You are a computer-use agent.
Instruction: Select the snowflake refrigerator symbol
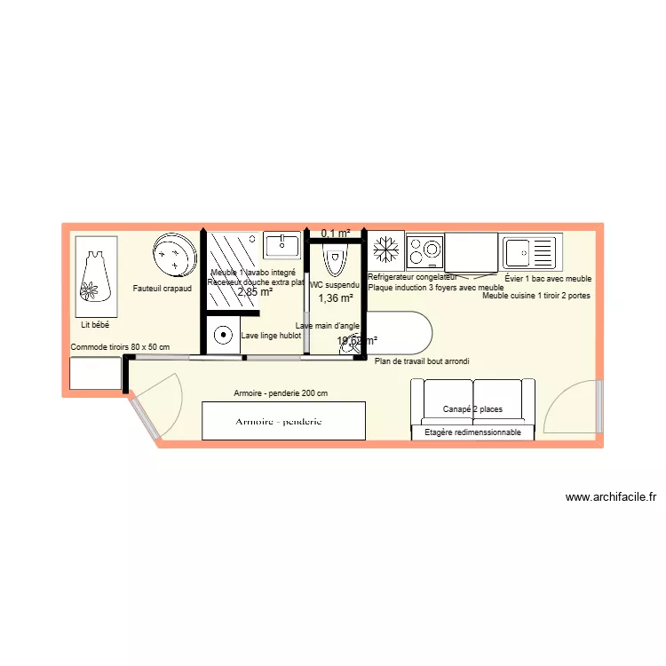click(x=385, y=250)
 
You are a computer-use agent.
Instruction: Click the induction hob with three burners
click(x=424, y=251)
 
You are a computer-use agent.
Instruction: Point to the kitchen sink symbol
click(x=530, y=252)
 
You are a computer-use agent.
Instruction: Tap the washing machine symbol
click(x=220, y=337)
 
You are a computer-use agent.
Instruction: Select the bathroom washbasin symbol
click(x=283, y=245)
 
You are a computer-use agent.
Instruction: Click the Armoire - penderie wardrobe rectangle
click(x=283, y=421)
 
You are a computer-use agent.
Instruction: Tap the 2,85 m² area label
click(x=254, y=291)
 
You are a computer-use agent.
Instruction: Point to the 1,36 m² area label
click(x=335, y=298)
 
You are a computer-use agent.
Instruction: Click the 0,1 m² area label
click(x=335, y=234)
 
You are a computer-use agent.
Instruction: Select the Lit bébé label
click(x=94, y=326)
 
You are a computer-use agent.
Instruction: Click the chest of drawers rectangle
click(x=95, y=374)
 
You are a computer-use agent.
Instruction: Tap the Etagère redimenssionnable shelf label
click(x=472, y=432)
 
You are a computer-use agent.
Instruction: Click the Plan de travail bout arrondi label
click(x=422, y=361)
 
